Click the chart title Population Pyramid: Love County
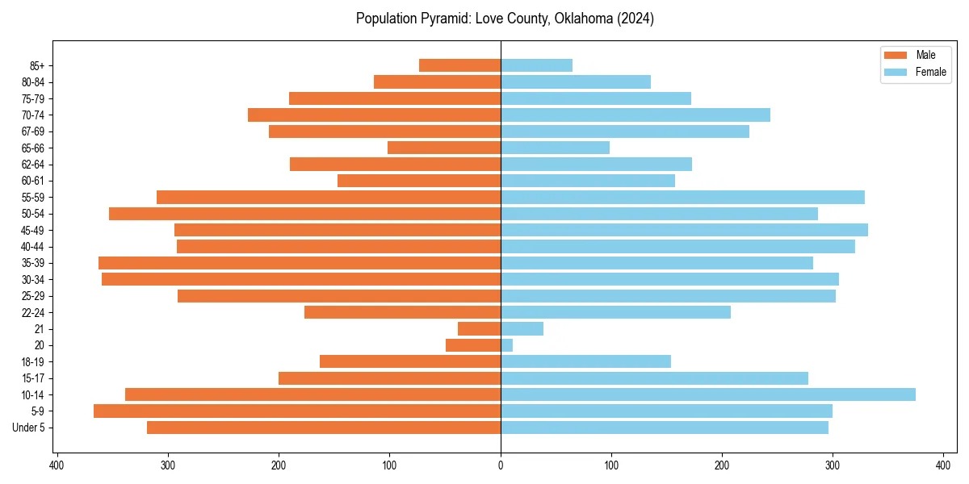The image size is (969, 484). point(505,19)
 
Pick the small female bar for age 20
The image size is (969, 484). point(507,345)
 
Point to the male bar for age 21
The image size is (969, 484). point(480,328)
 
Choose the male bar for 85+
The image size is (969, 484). point(460,65)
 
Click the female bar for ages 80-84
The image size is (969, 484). point(576,81)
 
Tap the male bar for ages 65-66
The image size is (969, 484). point(444,148)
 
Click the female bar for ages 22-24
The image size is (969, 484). point(616,312)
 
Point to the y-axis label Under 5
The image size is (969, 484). point(29,428)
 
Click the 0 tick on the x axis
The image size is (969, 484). point(501,465)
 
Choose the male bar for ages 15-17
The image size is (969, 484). point(390,378)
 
